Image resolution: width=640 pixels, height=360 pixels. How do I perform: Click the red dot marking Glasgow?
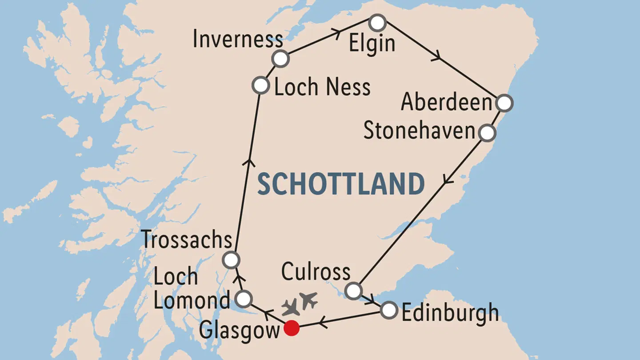pyautogui.click(x=292, y=328)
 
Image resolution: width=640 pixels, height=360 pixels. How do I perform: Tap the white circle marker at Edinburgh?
pyautogui.click(x=389, y=310)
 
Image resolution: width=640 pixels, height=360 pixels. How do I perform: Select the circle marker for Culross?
pyautogui.click(x=353, y=291)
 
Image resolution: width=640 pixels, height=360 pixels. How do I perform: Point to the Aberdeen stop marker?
pyautogui.click(x=504, y=103)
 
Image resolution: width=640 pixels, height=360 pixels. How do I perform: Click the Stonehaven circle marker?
pyautogui.click(x=487, y=132)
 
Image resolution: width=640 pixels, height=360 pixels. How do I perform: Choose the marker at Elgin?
pyautogui.click(x=377, y=23)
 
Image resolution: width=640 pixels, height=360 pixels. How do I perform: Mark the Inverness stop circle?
pyautogui.click(x=280, y=59)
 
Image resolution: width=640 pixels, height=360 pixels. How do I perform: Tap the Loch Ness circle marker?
pyautogui.click(x=260, y=85)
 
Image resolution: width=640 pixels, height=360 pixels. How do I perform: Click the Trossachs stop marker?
pyautogui.click(x=231, y=260)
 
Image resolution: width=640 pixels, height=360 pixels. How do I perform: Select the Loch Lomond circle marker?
pyautogui.click(x=244, y=299)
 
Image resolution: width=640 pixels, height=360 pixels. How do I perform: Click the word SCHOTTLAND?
pyautogui.click(x=341, y=184)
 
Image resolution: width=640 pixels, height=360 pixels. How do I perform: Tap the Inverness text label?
pyautogui.click(x=238, y=40)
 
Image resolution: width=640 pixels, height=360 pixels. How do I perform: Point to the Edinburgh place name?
pyautogui.click(x=450, y=313)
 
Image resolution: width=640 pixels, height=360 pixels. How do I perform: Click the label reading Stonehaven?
pyautogui.click(x=420, y=132)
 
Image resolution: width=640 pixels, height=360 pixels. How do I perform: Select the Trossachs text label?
pyautogui.click(x=187, y=240)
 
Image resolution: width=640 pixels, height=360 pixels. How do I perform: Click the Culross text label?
pyautogui.click(x=316, y=272)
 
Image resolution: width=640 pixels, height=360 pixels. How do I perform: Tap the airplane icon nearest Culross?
pyautogui.click(x=308, y=300)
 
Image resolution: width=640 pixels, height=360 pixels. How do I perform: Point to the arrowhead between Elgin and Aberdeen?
pyautogui.click(x=438, y=56)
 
